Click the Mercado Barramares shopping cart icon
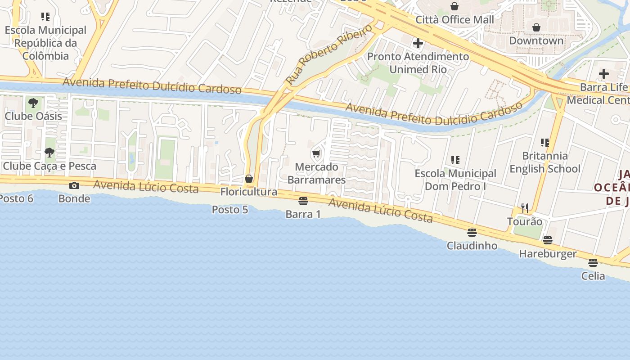point(316,154)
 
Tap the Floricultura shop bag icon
point(249,179)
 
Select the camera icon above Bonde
point(74,185)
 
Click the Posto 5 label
point(230,209)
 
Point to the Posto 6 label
point(17,198)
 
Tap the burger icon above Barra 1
point(303,201)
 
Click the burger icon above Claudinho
point(472,232)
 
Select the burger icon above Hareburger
point(547,240)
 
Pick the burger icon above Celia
point(593,262)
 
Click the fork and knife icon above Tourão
point(525,208)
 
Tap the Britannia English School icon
point(545,143)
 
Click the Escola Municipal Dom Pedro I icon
point(455,160)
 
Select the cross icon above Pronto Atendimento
point(418,43)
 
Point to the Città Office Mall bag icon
point(454,6)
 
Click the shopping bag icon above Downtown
point(536,27)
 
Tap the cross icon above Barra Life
point(604,74)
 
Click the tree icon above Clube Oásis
point(33,103)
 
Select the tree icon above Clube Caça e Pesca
point(49,153)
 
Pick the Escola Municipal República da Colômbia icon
point(45,17)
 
